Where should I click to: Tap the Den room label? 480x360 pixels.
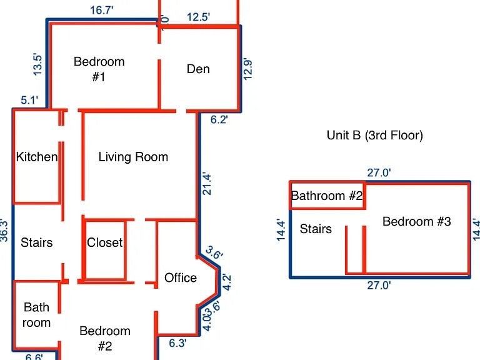pos(198,69)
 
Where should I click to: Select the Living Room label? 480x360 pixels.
pos(133,157)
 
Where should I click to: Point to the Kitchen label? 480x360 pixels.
pos(37,157)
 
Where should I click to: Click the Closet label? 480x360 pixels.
pos(104,242)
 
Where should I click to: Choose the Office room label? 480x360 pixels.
pos(181,278)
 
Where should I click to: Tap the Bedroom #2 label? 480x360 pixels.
pos(105,338)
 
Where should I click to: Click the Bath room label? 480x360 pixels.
pos(37,315)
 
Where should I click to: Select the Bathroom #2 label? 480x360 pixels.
pos(327,196)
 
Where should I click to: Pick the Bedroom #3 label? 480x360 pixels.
pos(416,222)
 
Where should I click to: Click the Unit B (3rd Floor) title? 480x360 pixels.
pos(374,135)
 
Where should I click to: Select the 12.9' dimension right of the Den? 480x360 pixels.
pos(248,67)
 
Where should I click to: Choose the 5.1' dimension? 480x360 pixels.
pos(30,100)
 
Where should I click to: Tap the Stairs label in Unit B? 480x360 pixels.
pos(316,229)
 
